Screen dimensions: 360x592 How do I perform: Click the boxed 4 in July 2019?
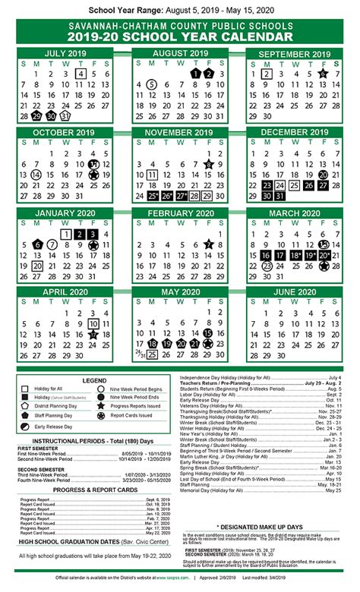(x=80, y=74)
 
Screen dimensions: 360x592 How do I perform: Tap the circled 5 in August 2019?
(x=151, y=85)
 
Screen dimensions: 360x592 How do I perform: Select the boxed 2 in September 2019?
(x=267, y=74)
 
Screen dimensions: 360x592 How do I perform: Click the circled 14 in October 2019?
(x=36, y=175)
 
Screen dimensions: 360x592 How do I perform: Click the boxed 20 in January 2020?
(x=36, y=266)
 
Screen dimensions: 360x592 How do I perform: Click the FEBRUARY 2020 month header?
(x=180, y=213)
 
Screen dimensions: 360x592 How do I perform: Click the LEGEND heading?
(x=94, y=380)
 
